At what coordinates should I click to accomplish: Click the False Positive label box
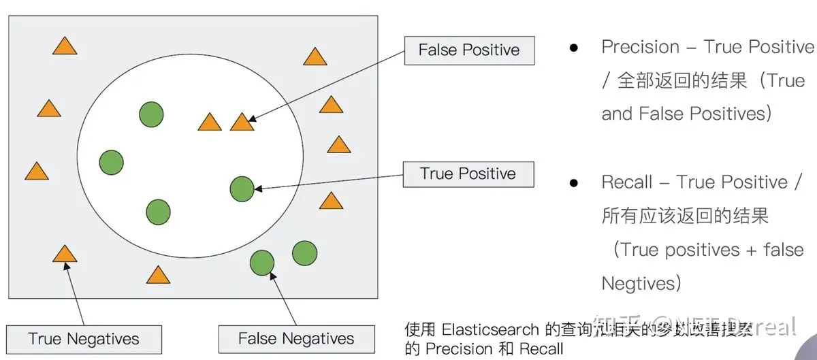469,50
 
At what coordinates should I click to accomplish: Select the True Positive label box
468,174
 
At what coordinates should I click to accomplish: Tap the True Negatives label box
84,339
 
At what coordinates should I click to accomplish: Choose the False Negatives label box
296,339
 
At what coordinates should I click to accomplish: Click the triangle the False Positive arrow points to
242,122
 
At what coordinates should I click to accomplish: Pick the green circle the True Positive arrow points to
242,189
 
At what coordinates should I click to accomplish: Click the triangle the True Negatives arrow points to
65,255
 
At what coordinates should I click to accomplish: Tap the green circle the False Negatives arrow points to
262,262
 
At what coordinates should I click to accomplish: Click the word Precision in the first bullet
641,47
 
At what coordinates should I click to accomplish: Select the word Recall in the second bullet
627,182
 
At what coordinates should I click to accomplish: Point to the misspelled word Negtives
641,282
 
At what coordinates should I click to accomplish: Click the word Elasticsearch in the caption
491,329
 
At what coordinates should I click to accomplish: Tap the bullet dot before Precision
574,48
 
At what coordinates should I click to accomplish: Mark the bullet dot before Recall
574,183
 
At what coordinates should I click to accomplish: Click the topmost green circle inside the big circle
151,114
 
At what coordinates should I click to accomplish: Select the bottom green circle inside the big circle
158,212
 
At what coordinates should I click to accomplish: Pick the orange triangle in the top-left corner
65,46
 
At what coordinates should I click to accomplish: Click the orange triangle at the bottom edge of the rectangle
158,275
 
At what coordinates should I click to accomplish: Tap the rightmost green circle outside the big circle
304,253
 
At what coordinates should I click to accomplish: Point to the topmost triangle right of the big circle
315,56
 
